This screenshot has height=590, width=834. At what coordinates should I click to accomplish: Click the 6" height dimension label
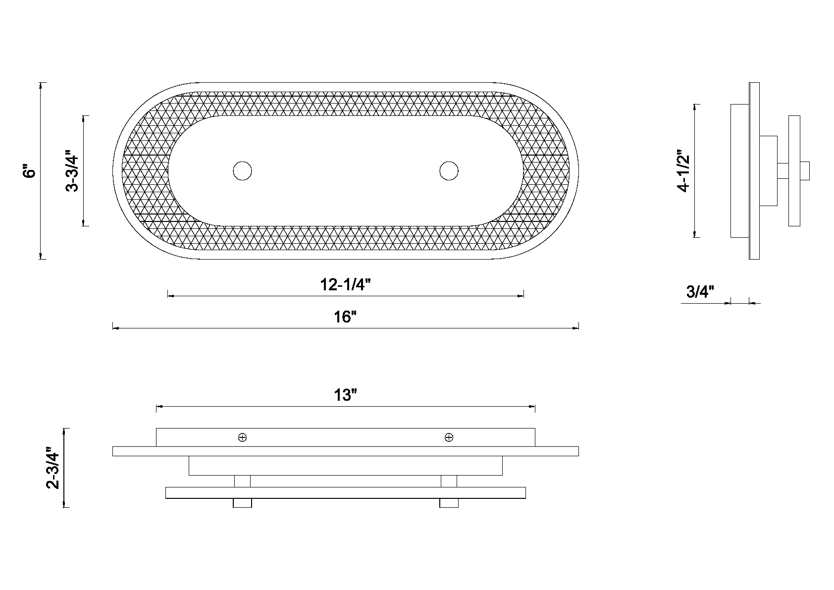click(30, 170)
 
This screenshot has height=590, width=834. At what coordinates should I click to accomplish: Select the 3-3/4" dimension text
click(72, 171)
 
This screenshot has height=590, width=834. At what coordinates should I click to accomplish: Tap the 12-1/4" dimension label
click(346, 284)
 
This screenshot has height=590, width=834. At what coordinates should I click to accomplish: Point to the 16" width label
click(345, 317)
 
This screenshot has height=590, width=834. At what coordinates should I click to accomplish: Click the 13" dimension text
click(345, 395)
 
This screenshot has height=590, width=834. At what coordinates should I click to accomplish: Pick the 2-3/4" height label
click(52, 468)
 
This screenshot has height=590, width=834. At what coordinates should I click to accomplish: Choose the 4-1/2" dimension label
click(683, 171)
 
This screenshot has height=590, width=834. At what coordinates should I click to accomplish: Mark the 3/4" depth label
click(700, 292)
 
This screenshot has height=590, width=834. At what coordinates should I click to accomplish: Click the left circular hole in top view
click(242, 171)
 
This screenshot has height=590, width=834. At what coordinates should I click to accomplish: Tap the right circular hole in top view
click(449, 171)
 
